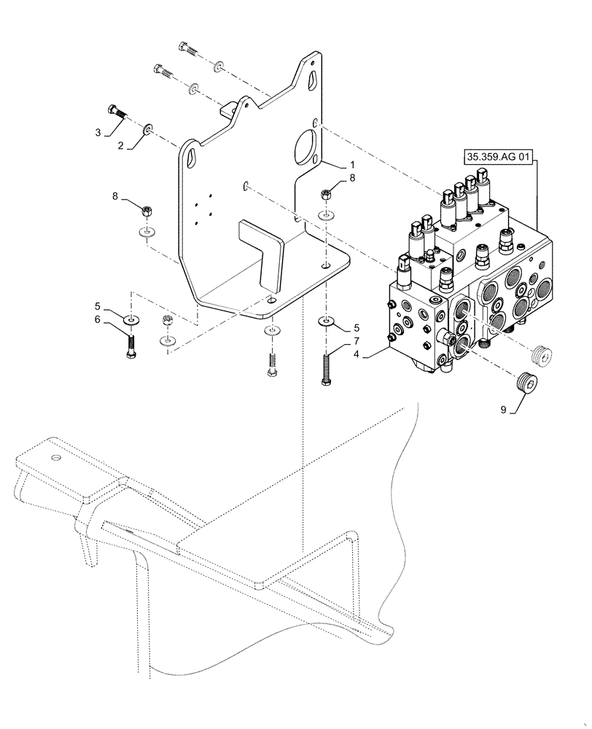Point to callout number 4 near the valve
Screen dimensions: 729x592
[x=357, y=355]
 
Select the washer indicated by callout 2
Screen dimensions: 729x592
[x=149, y=129]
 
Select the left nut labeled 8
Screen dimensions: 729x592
[x=146, y=211]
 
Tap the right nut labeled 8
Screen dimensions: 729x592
[x=325, y=195]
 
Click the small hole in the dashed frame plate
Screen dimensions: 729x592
[x=55, y=458]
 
